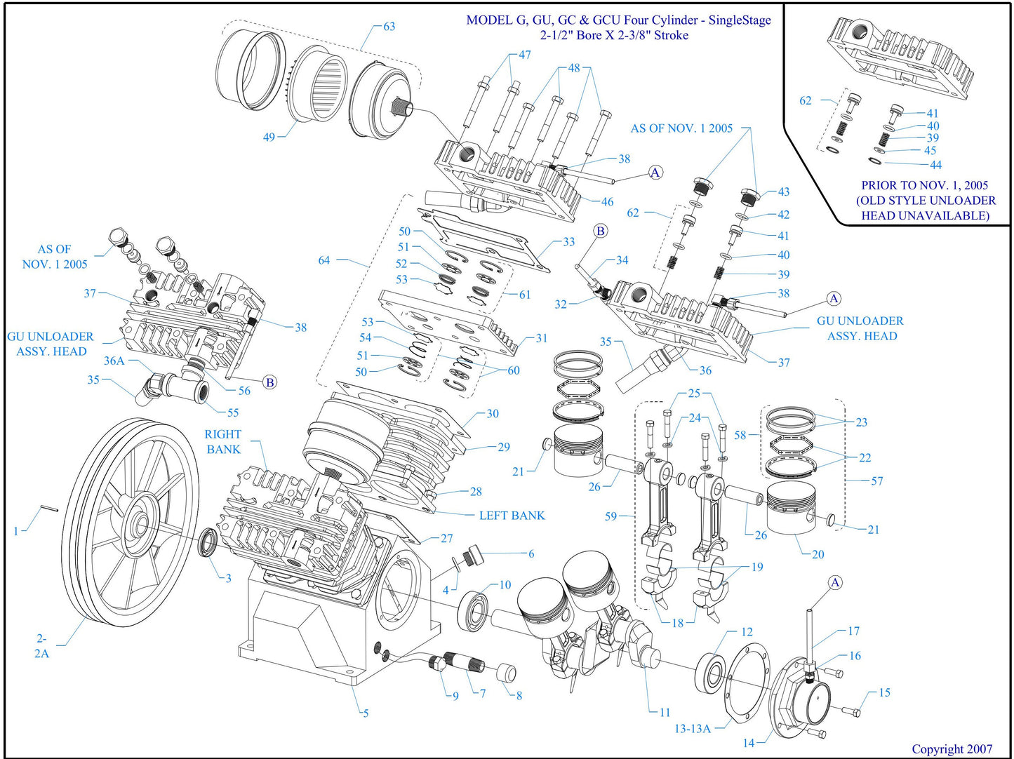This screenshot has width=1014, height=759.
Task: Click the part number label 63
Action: (x=389, y=27)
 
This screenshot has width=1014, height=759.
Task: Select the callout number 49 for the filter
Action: (x=269, y=137)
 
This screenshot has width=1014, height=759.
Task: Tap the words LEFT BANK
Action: (x=512, y=516)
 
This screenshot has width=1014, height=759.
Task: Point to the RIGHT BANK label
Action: (x=223, y=442)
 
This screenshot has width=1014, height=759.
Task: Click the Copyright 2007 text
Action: (x=952, y=748)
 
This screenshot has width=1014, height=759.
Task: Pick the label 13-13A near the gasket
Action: (x=693, y=729)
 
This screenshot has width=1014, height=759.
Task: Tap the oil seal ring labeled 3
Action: (x=208, y=544)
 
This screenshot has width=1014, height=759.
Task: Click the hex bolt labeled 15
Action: (x=852, y=712)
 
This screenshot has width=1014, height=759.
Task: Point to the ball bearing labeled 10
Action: (x=474, y=609)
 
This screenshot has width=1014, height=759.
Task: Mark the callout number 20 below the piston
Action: (x=818, y=554)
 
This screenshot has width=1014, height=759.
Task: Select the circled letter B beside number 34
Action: (x=600, y=231)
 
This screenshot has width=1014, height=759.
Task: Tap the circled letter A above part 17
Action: (x=835, y=583)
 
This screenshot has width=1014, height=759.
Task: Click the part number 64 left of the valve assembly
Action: (x=323, y=260)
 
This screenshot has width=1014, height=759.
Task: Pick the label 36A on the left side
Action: (x=114, y=361)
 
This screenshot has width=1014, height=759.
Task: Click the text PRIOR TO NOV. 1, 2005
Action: (x=924, y=185)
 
